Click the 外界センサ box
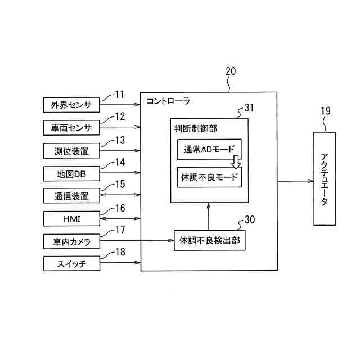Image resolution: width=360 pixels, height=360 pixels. (x=71, y=105)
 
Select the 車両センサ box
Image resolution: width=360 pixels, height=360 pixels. (x=71, y=128)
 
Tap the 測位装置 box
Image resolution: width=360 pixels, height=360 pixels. (x=71, y=151)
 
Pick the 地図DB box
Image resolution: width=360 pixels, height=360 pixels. (x=71, y=173)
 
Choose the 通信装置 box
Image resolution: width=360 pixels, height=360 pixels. (x=71, y=196)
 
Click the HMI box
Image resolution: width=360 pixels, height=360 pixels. (x=71, y=218)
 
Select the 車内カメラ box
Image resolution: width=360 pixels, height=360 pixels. (x=71, y=241)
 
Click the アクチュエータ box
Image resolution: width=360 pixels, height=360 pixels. (x=325, y=179)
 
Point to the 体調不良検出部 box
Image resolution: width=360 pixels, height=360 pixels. (x=209, y=240)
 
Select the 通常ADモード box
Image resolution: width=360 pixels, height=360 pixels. (x=209, y=150)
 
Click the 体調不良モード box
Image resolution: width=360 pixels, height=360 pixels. (x=209, y=177)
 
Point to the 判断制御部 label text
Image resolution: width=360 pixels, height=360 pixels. (x=196, y=129)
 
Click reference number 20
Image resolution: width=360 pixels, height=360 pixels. (x=231, y=71)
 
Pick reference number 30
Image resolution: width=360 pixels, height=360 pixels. (x=250, y=219)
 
